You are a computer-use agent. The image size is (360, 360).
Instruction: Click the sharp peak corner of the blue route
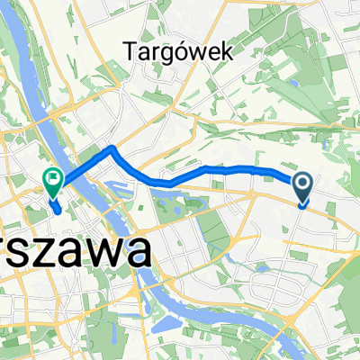click(111, 147)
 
